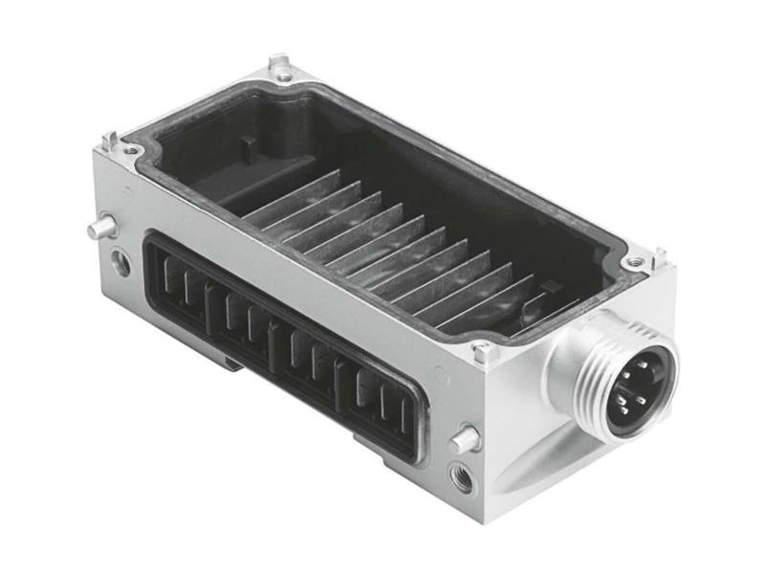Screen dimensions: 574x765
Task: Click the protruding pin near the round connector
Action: (x=465, y=440)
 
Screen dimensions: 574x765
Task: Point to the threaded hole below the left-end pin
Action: (x=120, y=262)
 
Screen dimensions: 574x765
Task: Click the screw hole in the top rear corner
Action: (x=283, y=75)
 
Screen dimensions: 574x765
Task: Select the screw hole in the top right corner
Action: (x=632, y=261)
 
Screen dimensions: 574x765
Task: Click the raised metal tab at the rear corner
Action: (x=279, y=62)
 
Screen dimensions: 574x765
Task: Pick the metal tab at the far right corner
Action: (x=659, y=256)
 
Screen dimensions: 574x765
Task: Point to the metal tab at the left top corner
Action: (x=109, y=142)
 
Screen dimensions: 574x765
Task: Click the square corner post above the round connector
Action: (x=486, y=352)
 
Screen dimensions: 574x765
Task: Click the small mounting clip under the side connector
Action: (x=233, y=361)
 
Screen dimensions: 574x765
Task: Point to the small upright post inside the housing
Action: (x=247, y=152)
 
